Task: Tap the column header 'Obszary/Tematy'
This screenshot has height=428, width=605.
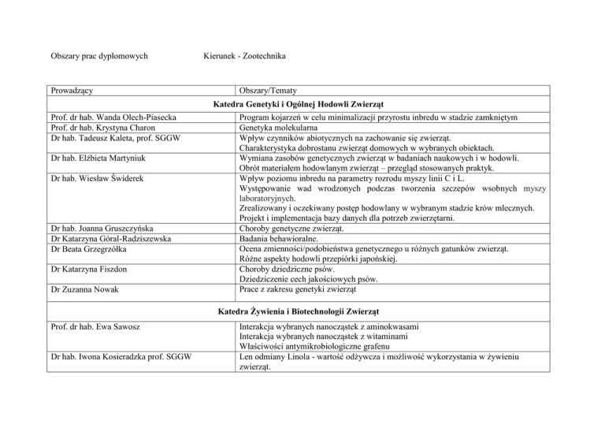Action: coord(268,91)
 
